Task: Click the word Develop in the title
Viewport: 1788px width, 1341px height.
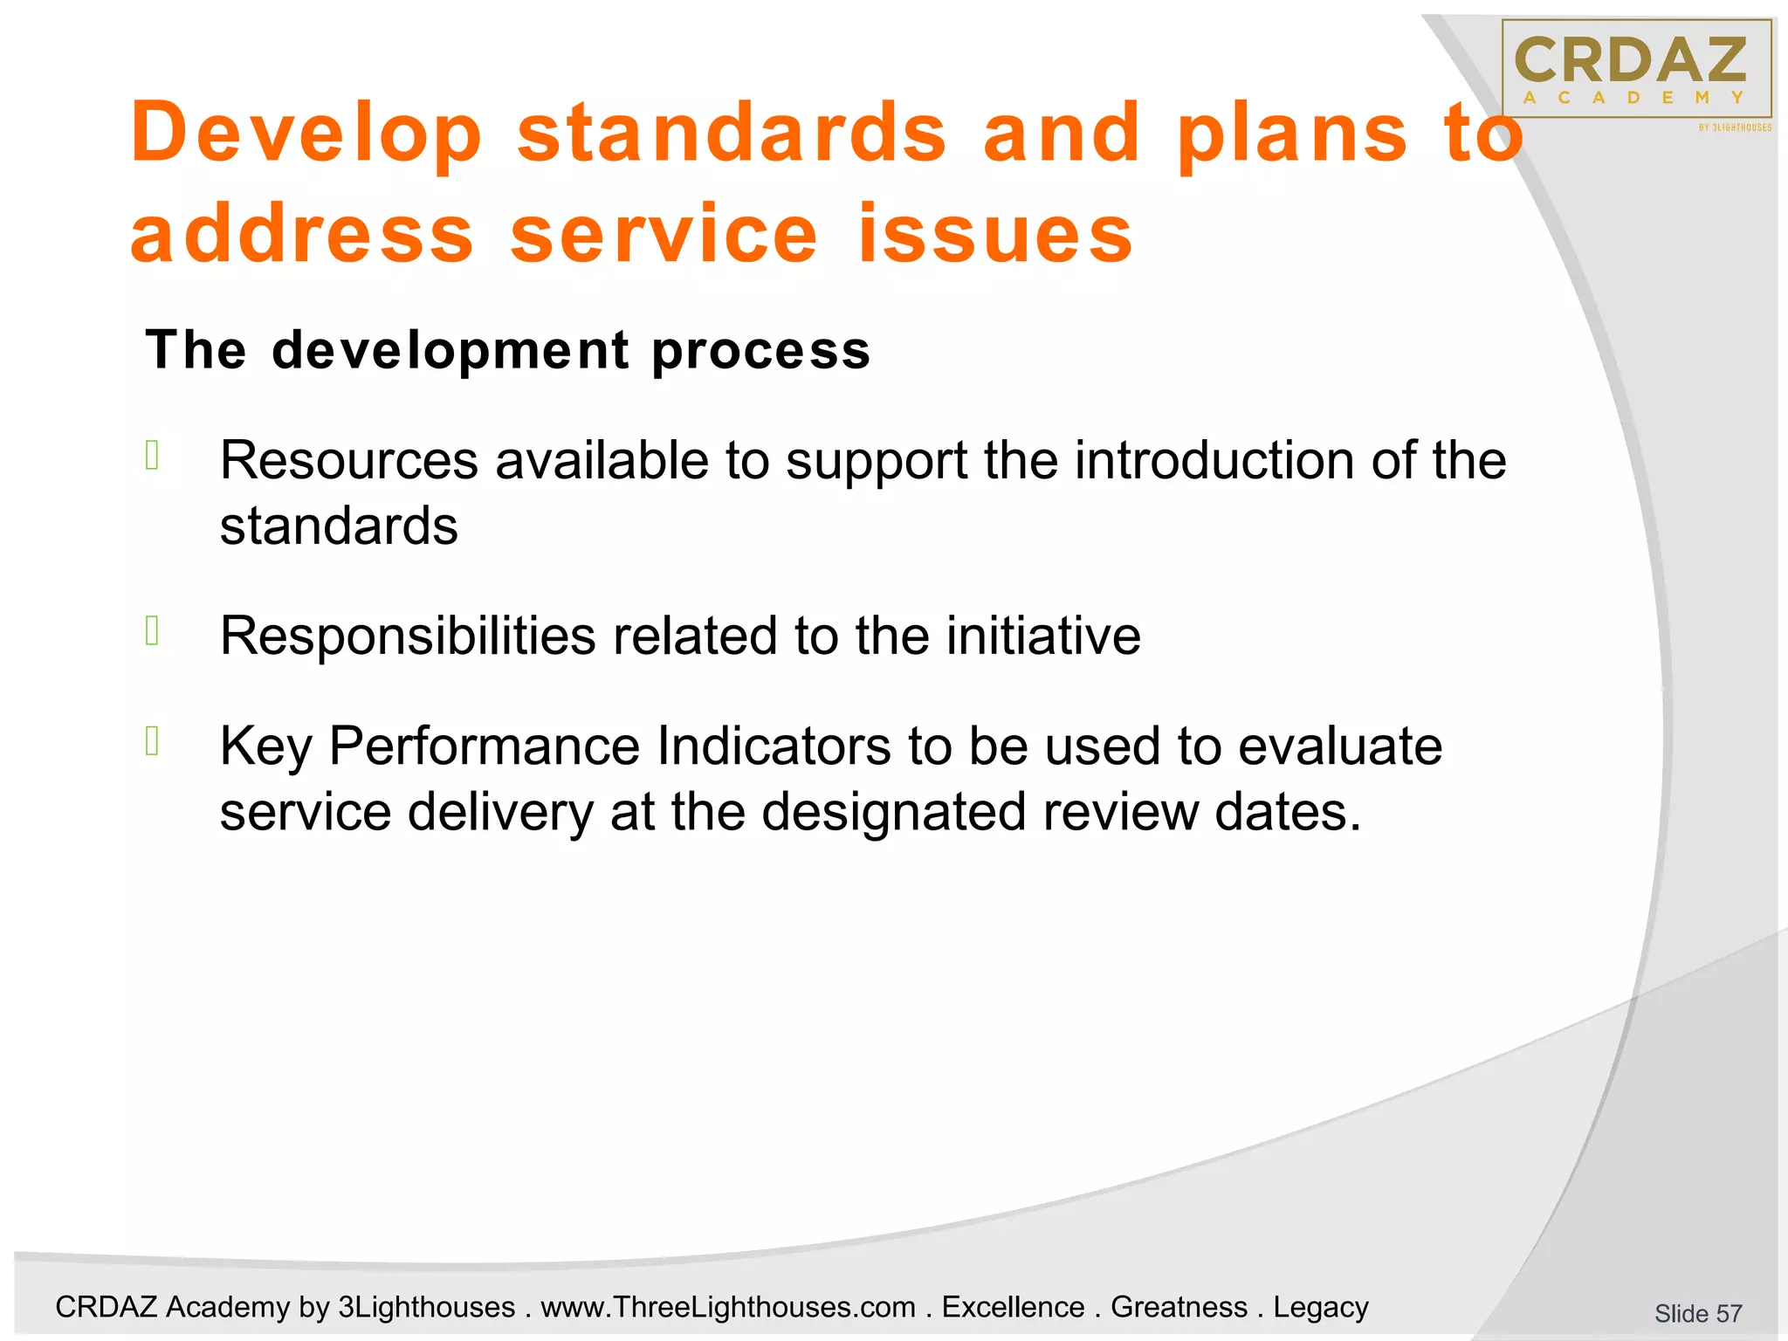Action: pyautogui.click(x=306, y=134)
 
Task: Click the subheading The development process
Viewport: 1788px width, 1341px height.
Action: pyautogui.click(x=507, y=350)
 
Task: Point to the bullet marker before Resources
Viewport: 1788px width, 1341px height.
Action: pyautogui.click(x=152, y=456)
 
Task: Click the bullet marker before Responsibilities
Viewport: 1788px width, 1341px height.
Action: pyautogui.click(x=152, y=630)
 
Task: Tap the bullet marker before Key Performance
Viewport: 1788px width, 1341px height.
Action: pyautogui.click(x=152, y=741)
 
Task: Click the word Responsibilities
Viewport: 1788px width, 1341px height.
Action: pyautogui.click(x=408, y=636)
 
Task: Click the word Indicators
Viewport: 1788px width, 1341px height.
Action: pyautogui.click(x=774, y=746)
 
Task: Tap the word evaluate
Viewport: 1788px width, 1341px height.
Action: pyautogui.click(x=1339, y=746)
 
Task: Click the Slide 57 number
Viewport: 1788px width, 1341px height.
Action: pyautogui.click(x=1697, y=1313)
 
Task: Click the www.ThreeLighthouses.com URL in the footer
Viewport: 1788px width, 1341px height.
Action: pyautogui.click(x=728, y=1307)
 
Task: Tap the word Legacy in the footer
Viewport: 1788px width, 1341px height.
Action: pyautogui.click(x=1320, y=1307)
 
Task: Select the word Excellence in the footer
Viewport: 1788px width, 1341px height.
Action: pyautogui.click(x=1013, y=1307)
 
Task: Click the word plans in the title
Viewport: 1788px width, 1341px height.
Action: pyautogui.click(x=1292, y=134)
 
